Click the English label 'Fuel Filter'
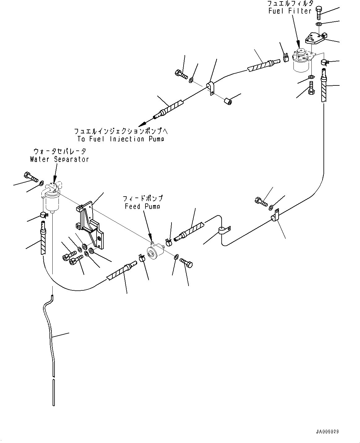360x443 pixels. (x=290, y=11)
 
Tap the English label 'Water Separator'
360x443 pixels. (x=59, y=159)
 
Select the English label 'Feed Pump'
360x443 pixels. (x=143, y=206)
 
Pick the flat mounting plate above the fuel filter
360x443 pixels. (x=314, y=39)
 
